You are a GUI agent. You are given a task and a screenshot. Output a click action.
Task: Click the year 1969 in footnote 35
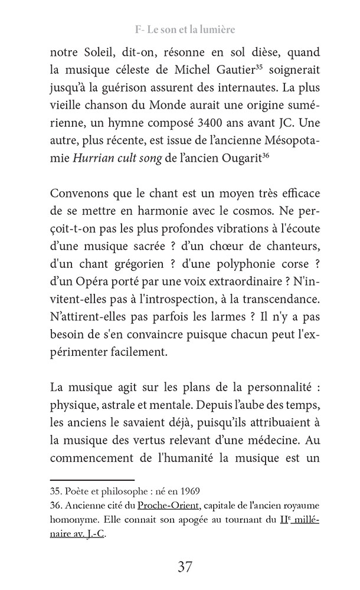pyautogui.click(x=188, y=491)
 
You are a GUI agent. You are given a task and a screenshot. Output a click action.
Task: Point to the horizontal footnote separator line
pyautogui.click(x=92, y=480)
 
